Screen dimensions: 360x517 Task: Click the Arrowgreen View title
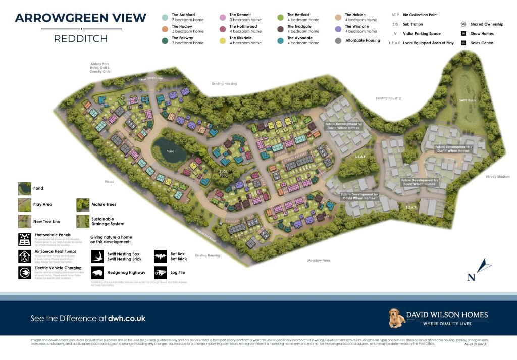(81, 18)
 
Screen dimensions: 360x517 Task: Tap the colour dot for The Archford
(165, 18)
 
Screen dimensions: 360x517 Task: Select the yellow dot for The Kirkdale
(223, 41)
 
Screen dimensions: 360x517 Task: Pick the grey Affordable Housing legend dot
(338, 41)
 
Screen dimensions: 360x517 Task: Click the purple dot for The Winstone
(338, 29)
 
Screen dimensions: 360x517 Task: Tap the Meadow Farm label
(318, 260)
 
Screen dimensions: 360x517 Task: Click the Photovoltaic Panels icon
(24, 239)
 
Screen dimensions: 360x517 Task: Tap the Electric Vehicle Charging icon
(24, 272)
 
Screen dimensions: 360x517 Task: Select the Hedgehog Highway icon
(97, 273)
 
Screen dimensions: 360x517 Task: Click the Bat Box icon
(160, 256)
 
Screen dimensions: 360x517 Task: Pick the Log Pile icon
(160, 273)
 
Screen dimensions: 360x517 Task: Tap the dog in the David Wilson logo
(397, 318)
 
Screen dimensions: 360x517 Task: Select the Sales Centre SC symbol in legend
(463, 43)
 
